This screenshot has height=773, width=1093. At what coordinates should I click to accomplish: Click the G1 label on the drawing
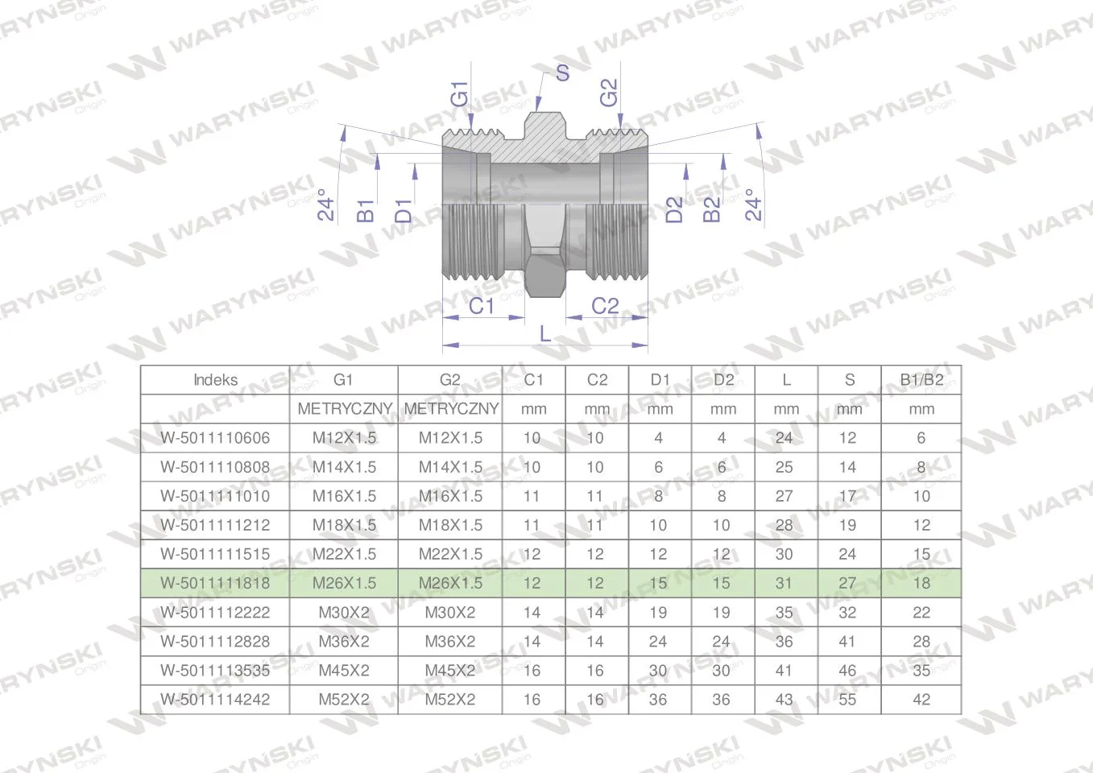(x=460, y=94)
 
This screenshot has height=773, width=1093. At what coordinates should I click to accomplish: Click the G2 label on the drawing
(x=609, y=93)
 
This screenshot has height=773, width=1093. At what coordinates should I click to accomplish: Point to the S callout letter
(x=562, y=73)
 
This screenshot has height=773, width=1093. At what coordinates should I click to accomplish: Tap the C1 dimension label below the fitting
(x=481, y=306)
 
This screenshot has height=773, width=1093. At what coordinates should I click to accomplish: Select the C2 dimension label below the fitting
(x=605, y=306)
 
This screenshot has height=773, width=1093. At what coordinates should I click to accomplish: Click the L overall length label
(x=545, y=334)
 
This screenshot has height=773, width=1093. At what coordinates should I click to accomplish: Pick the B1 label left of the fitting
(x=366, y=210)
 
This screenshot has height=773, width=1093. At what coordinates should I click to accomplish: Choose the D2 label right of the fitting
(x=674, y=209)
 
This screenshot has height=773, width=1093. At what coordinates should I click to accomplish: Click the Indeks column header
(x=215, y=380)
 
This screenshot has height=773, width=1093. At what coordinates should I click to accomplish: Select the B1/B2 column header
(x=921, y=380)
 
